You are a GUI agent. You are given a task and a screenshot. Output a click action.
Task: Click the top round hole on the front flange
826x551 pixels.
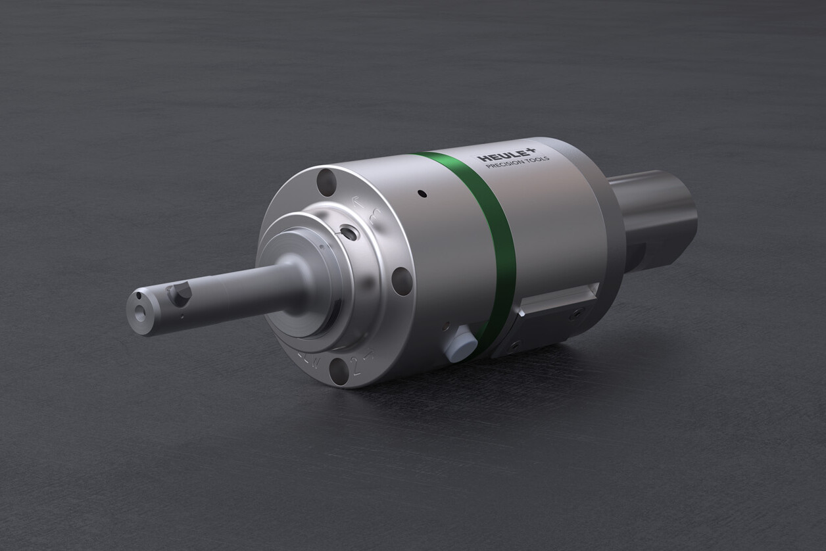[x=326, y=182]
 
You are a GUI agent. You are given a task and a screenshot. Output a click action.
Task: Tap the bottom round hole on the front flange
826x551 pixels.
[x=339, y=371]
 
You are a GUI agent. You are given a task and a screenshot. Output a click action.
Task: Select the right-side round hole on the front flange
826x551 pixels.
[x=402, y=281]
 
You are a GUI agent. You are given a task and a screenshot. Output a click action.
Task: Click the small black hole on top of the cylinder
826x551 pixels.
[x=422, y=194]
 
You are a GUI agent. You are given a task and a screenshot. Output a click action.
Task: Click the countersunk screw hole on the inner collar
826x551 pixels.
[x=348, y=233]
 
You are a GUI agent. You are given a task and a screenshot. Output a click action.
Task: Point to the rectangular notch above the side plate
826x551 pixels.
[x=559, y=299]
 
